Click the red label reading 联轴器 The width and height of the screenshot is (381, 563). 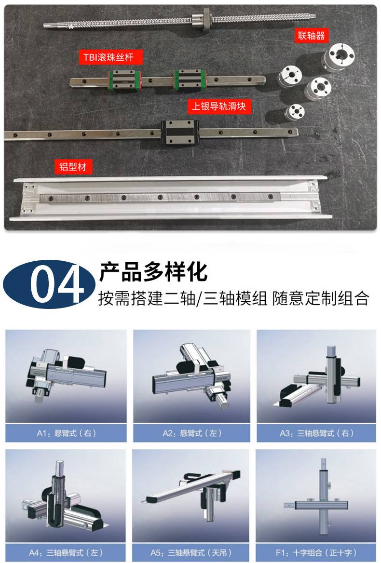click(311, 36)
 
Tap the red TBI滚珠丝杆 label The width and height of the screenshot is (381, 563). click(110, 57)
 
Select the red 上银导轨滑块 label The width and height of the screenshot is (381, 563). click(218, 106)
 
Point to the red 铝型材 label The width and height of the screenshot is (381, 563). click(73, 167)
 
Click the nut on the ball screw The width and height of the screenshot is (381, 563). click(200, 19)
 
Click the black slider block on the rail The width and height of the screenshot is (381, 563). click(180, 132)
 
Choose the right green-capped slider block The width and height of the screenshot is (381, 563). click(189, 80)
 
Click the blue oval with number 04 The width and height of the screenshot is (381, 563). click(49, 284)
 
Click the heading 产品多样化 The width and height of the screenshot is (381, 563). click(153, 271)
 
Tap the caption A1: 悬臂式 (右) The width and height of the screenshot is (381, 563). click(66, 433)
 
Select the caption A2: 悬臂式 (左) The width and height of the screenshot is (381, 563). click(192, 433)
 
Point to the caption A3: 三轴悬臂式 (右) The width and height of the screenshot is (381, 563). click(316, 433)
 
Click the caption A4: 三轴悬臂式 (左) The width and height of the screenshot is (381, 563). click(66, 552)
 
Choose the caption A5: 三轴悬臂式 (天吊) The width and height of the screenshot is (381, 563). click(191, 552)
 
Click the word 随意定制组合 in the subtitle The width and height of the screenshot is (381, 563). click(320, 298)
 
